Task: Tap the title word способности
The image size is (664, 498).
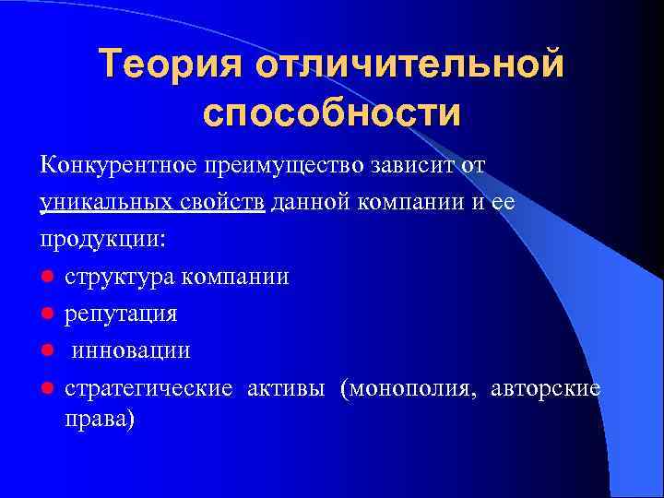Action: (x=331, y=113)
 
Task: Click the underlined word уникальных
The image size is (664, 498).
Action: (x=100, y=201)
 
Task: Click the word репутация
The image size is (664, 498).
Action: (x=121, y=314)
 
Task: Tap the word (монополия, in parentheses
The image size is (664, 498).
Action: (x=402, y=387)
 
